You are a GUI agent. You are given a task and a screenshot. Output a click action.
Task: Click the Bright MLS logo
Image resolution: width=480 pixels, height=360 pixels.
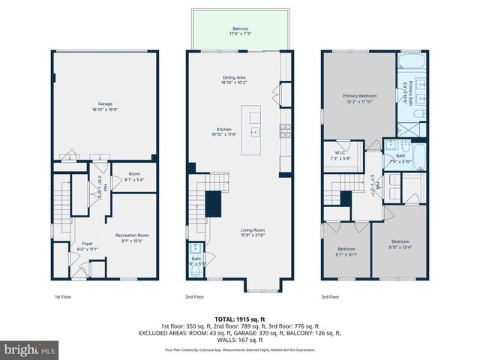(x=30, y=349)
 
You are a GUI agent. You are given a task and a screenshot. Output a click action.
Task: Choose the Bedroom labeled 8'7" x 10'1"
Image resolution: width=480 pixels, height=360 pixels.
(x=346, y=251)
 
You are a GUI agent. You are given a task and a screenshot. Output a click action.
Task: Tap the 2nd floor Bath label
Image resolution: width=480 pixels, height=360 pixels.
(x=196, y=260)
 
